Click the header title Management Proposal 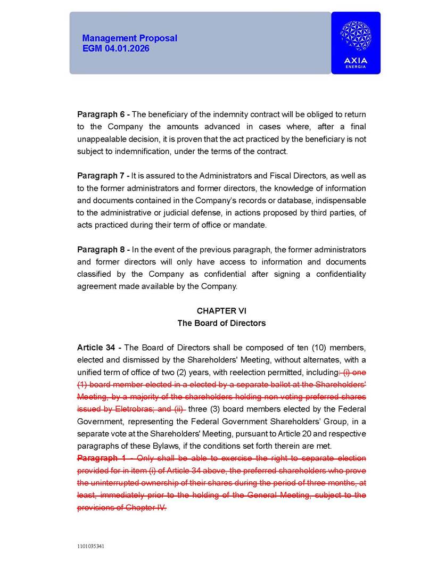(x=129, y=38)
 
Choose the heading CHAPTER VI (x=221, y=311)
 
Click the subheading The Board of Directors (x=221, y=323)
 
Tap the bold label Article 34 (x=97, y=348)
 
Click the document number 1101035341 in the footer (x=90, y=547)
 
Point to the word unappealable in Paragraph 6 (x=105, y=139)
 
